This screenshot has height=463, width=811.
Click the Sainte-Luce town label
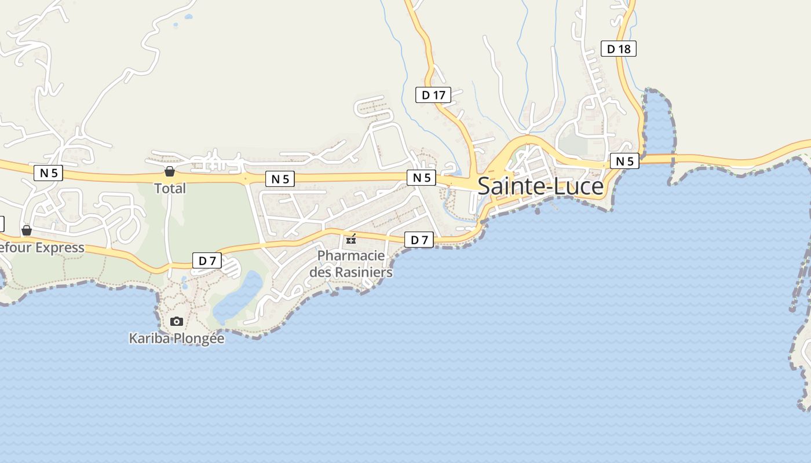click(540, 186)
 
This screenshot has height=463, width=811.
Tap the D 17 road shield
click(433, 95)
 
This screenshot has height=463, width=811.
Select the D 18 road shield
click(618, 49)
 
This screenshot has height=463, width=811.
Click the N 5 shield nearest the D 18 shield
click(624, 161)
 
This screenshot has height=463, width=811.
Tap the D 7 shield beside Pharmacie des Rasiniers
click(418, 240)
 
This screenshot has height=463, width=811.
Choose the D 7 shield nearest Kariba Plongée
click(207, 260)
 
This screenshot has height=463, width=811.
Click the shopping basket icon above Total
click(170, 171)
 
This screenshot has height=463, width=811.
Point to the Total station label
click(170, 189)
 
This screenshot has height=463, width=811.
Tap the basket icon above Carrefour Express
click(27, 230)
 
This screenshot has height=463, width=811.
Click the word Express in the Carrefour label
click(60, 248)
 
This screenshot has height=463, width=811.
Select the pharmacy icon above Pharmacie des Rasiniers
click(351, 239)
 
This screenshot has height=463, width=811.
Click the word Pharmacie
click(351, 255)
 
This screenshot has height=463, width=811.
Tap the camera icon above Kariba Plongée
click(177, 321)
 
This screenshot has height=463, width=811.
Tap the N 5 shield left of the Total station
click(48, 172)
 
